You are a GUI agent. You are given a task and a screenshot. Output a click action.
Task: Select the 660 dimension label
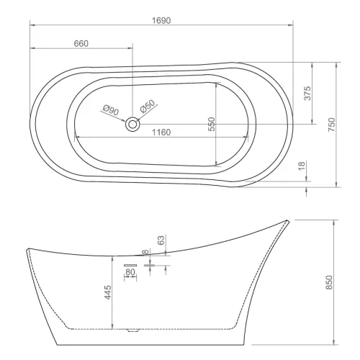pyautogui.click(x=81, y=43)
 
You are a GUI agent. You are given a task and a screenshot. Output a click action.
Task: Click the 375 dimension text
pyautogui.click(x=307, y=93)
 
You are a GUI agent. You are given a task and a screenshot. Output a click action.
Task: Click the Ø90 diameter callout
pyautogui.click(x=110, y=110)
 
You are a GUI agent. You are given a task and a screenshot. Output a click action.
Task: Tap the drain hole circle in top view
pyautogui.click(x=132, y=125)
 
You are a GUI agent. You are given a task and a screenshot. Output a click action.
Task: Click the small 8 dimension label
pyautogui.click(x=145, y=252)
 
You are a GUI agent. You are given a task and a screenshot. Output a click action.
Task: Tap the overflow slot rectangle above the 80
pyautogui.click(x=130, y=265)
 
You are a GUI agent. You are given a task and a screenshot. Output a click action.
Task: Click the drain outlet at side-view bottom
pyautogui.click(x=131, y=332)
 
